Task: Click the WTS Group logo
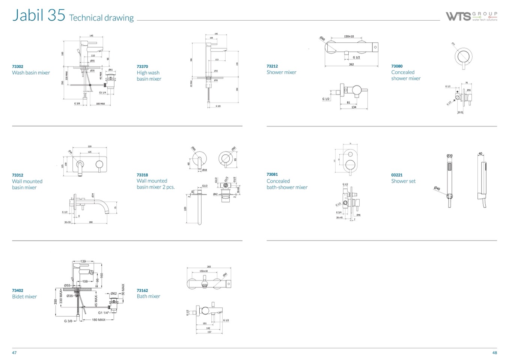coord(471,16)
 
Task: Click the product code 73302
coord(18,66)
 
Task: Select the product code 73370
coord(142,66)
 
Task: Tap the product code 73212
coord(272,66)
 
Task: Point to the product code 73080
coord(397,66)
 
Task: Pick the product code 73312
coord(18,175)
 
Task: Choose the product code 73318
coord(142,175)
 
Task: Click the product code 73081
coord(272,175)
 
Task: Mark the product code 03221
coord(397,175)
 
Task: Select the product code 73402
coord(18,291)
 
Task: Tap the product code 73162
coord(142,291)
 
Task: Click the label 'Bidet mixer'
coord(24,297)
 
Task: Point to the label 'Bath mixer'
coord(148,296)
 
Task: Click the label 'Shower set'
coord(404,181)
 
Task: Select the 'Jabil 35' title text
coord(39,15)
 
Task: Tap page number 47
coord(14,353)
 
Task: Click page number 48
coord(494,353)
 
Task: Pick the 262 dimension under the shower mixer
coord(351,65)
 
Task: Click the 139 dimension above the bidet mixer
coord(83,261)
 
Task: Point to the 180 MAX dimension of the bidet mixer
coord(99,320)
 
